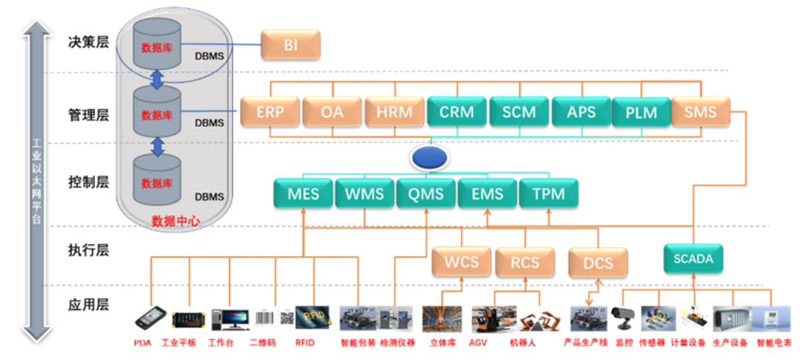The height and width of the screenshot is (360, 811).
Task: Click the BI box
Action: click(x=291, y=46)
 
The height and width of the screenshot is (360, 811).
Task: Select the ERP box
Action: click(x=270, y=112)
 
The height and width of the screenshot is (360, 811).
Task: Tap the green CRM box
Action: click(x=457, y=112)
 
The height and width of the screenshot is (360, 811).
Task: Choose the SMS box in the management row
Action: click(x=700, y=112)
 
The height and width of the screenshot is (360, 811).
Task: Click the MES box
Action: click(x=303, y=193)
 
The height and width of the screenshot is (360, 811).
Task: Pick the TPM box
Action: click(x=549, y=193)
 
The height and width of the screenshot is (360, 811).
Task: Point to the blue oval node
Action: click(x=431, y=158)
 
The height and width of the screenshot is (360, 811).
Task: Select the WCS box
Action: click(x=461, y=262)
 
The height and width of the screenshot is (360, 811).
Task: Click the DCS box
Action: click(x=598, y=263)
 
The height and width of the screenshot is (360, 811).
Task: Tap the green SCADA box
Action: click(x=693, y=259)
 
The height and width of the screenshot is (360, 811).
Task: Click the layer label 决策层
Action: click(x=88, y=43)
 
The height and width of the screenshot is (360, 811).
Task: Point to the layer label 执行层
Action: click(x=88, y=250)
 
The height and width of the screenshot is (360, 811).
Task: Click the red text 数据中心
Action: click(x=176, y=221)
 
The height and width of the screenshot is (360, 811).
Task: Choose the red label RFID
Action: click(x=304, y=343)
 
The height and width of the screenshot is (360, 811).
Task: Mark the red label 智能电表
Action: click(x=774, y=343)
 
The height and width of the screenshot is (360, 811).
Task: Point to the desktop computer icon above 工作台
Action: click(x=229, y=319)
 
